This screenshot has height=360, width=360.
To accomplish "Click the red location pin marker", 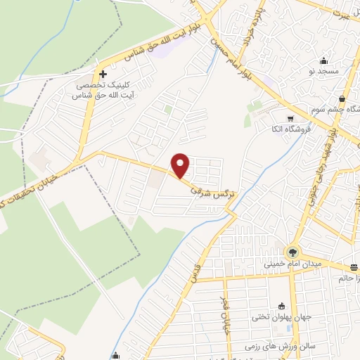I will [x=181, y=165].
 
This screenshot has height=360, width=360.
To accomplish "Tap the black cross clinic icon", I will [x=103, y=74].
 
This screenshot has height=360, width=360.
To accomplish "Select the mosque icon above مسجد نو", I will [x=323, y=60].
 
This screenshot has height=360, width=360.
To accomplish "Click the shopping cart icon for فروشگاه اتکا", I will [x=290, y=117].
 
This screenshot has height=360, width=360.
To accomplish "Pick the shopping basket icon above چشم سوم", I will [x=342, y=98].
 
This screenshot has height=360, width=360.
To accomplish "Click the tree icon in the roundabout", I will [x=291, y=251].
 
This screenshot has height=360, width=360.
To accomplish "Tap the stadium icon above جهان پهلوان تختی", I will [x=282, y=306].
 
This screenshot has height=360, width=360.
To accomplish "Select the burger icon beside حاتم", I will [x=354, y=266].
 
